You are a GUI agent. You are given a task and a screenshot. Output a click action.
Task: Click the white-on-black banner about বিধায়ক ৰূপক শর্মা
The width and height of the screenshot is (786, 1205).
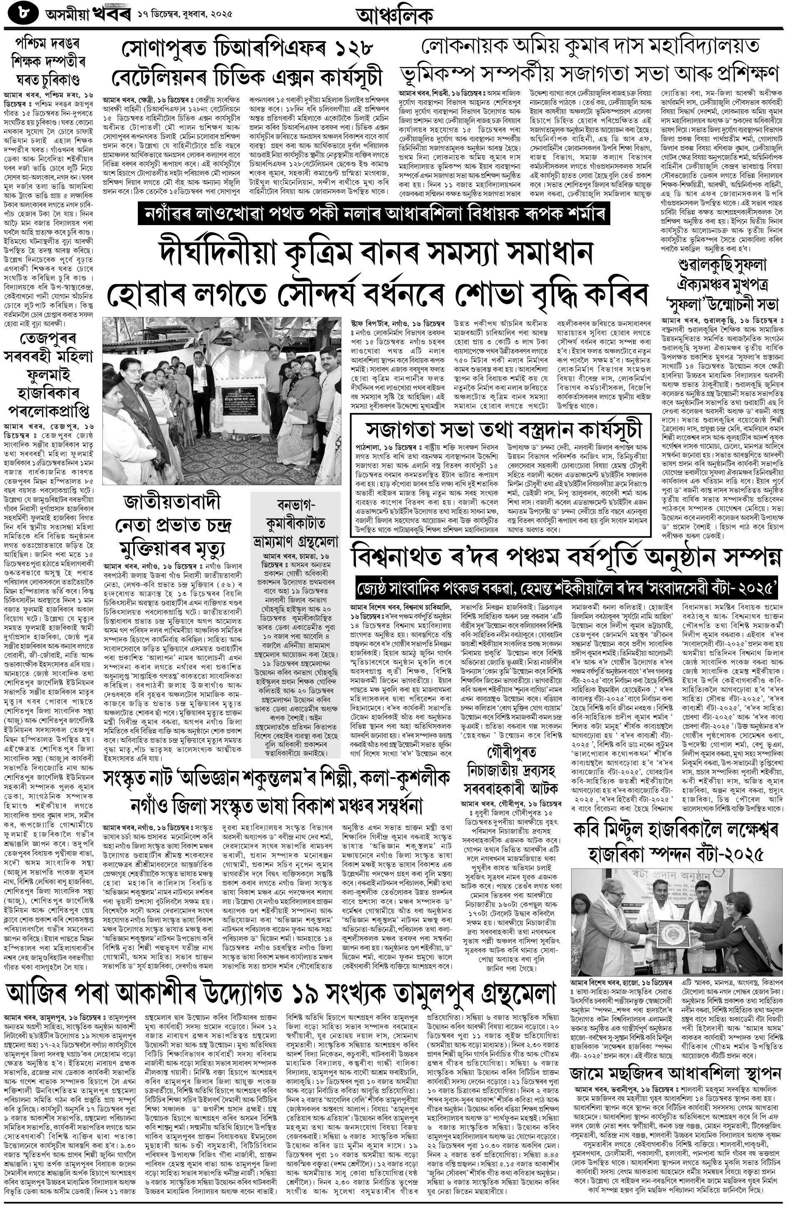373,214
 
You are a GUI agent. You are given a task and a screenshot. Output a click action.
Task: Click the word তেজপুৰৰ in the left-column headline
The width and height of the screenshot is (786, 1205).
48,339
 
